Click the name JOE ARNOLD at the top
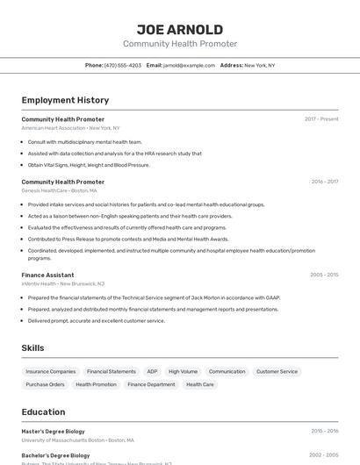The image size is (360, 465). tap(180, 30)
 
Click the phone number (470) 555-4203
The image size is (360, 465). tap(123, 65)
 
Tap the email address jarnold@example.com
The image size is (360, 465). tap(189, 65)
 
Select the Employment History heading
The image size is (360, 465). tap(65, 100)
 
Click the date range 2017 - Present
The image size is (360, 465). tap(321, 118)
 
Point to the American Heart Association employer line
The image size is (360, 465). tap(70, 127)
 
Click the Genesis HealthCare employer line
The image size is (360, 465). tap(59, 190)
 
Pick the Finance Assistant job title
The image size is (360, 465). tap(47, 275)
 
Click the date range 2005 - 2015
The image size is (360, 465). tap(324, 275)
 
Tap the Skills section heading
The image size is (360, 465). tap(33, 348)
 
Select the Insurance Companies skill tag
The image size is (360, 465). tap(51, 371)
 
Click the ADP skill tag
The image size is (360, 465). tap(152, 371)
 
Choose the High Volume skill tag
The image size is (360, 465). tap(183, 371)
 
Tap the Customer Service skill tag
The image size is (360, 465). tap(277, 371)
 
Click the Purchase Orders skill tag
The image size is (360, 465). tap(45, 384)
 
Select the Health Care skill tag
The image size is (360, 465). tap(200, 384)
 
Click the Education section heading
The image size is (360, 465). tap(43, 412)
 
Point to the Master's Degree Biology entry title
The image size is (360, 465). tap(53, 431)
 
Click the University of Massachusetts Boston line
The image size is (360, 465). tap(77, 440)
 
